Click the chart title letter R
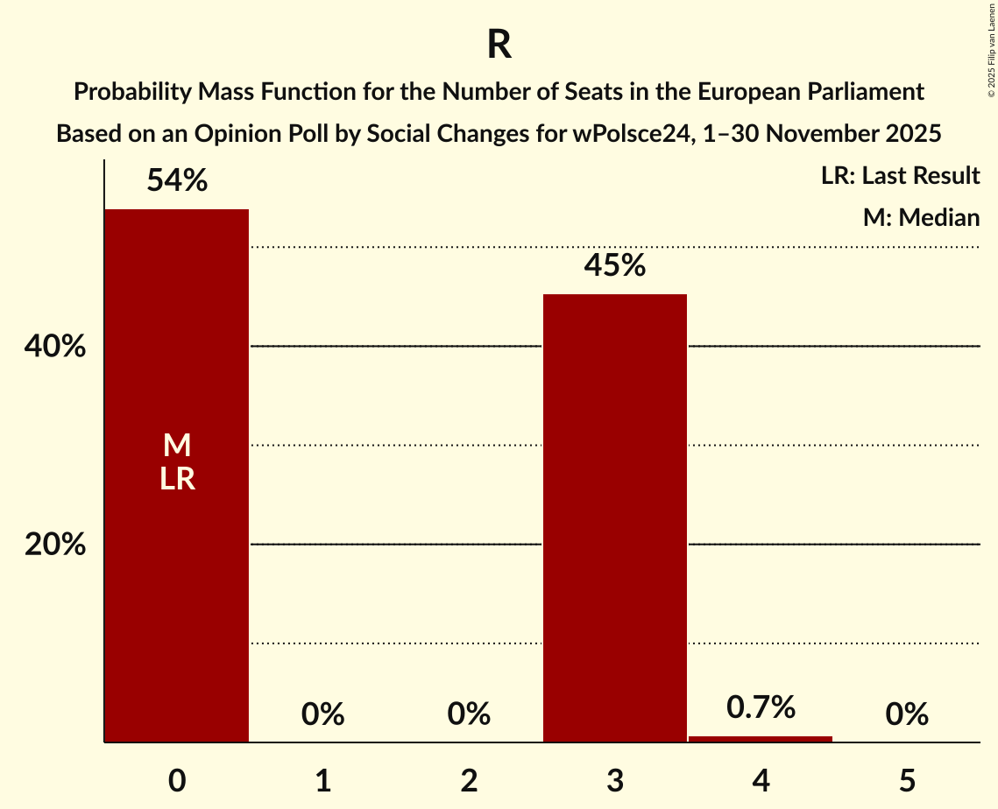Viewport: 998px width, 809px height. [499, 46]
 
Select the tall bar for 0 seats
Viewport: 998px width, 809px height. [177, 525]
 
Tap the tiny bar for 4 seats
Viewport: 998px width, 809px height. [761, 739]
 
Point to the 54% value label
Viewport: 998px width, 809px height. [177, 181]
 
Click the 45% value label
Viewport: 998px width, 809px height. [614, 265]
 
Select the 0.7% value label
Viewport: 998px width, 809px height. [761, 707]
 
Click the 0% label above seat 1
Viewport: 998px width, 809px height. [322, 714]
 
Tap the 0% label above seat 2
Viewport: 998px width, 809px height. [469, 714]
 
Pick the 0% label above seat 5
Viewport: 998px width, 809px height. [906, 714]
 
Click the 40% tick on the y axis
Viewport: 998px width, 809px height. [55, 348]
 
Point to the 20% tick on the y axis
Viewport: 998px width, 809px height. [55, 545]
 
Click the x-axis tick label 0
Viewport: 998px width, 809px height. [177, 781]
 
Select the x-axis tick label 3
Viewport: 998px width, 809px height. [614, 781]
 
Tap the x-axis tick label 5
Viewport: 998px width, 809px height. [906, 781]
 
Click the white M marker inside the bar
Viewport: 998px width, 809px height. [177, 446]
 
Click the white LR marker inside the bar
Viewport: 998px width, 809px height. [177, 479]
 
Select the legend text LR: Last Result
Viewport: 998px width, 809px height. [900, 176]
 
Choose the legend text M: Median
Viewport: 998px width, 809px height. [920, 218]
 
